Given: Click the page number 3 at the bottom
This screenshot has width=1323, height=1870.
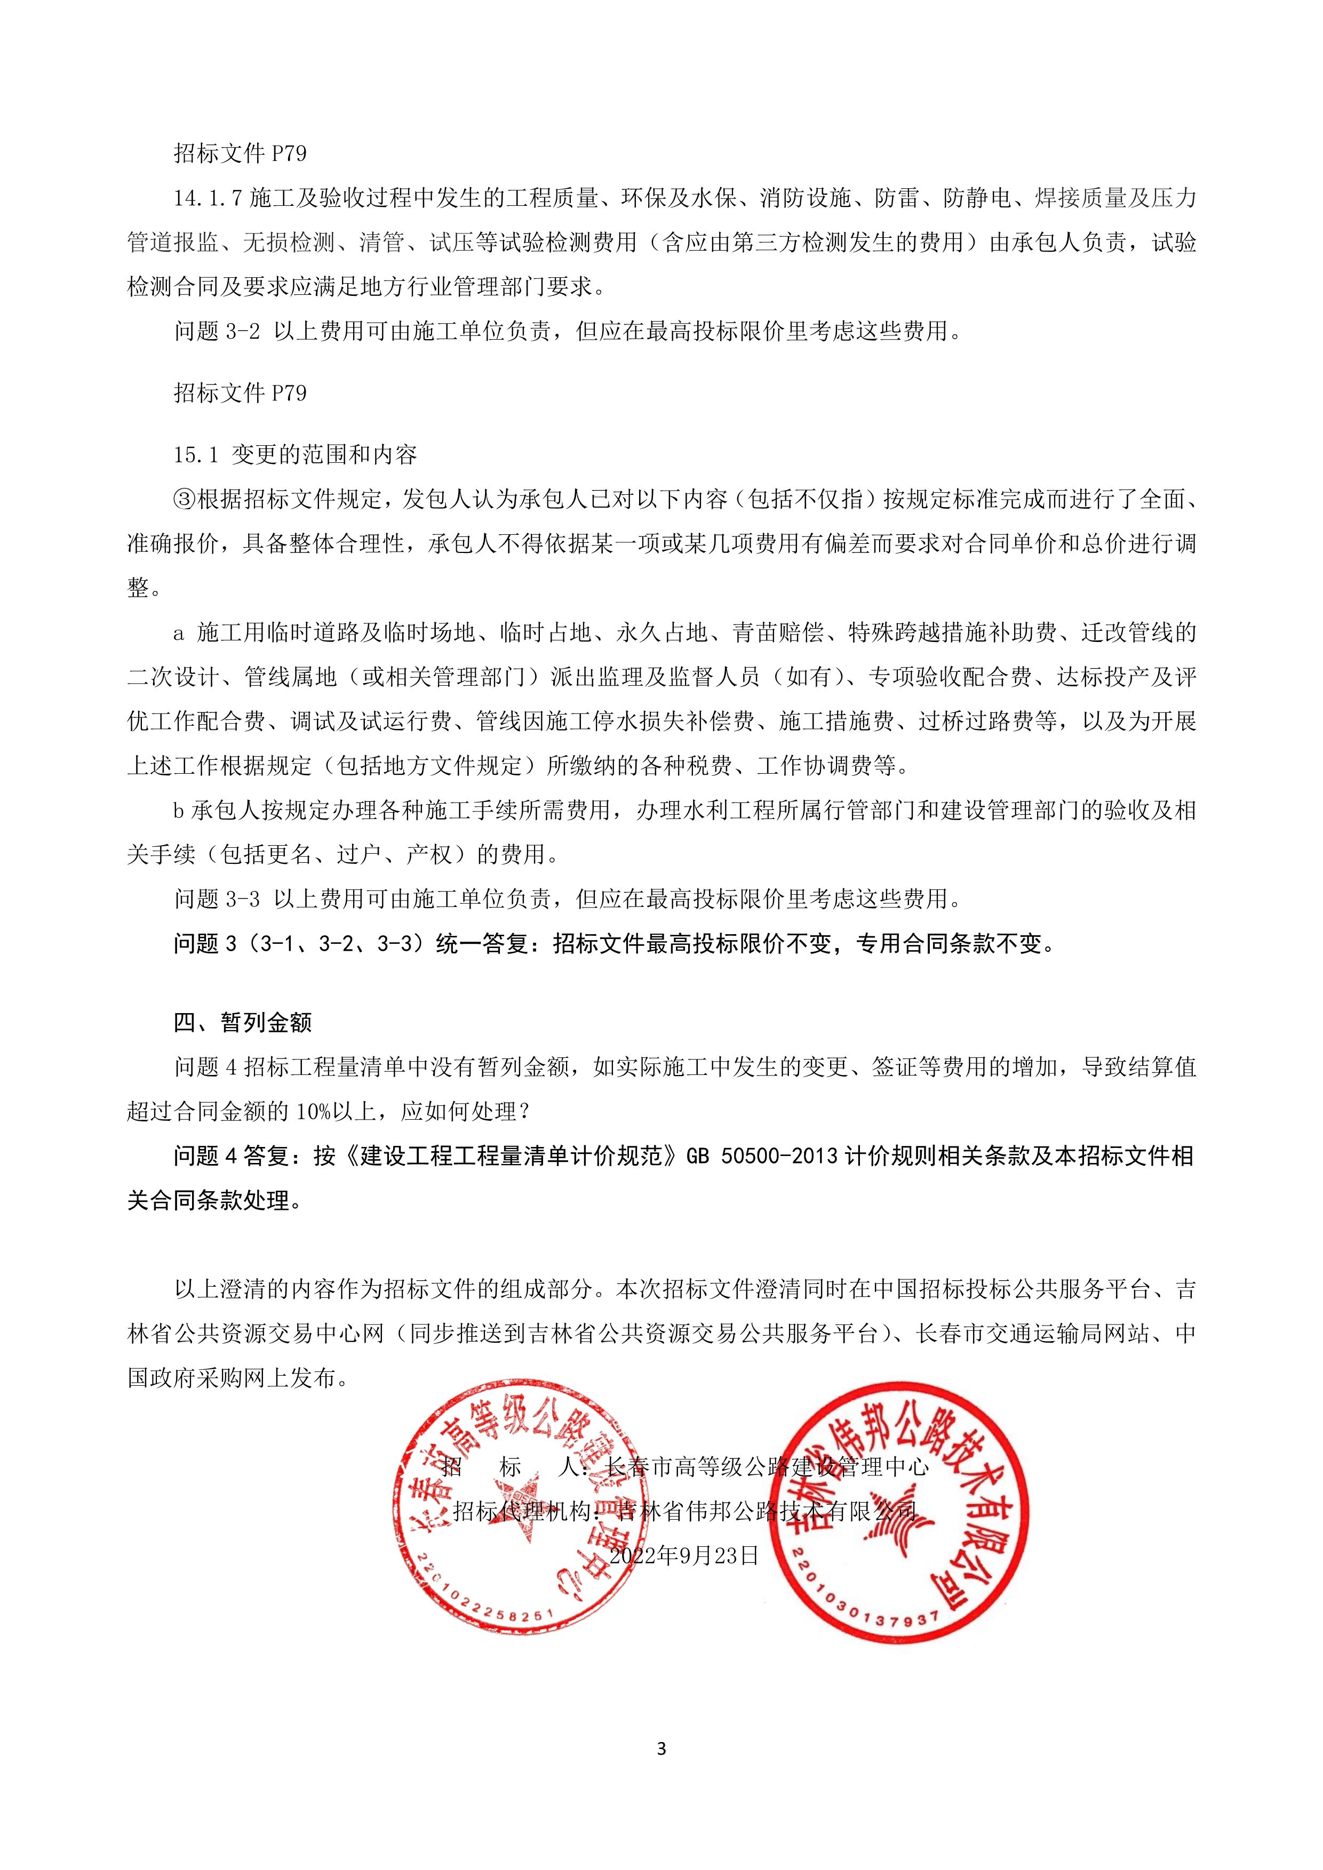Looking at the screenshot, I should click(660, 1748).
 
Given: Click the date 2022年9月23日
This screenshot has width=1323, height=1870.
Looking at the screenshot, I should click(684, 1555).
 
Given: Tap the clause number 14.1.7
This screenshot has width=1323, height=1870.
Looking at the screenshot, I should click(208, 198).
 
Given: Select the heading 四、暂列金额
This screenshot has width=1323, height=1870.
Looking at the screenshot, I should click(243, 1023).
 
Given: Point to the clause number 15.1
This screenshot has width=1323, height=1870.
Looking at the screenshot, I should click(196, 454).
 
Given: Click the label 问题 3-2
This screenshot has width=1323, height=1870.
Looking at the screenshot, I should click(217, 331).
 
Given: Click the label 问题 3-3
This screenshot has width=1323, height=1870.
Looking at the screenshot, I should click(217, 898).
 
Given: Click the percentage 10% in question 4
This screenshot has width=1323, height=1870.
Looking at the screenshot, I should click(312, 1112).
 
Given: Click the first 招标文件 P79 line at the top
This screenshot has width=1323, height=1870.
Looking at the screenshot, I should click(240, 153).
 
